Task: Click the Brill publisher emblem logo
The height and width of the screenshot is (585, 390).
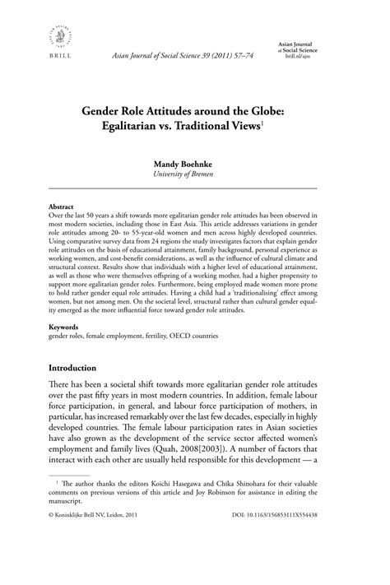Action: coord(54,36)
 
